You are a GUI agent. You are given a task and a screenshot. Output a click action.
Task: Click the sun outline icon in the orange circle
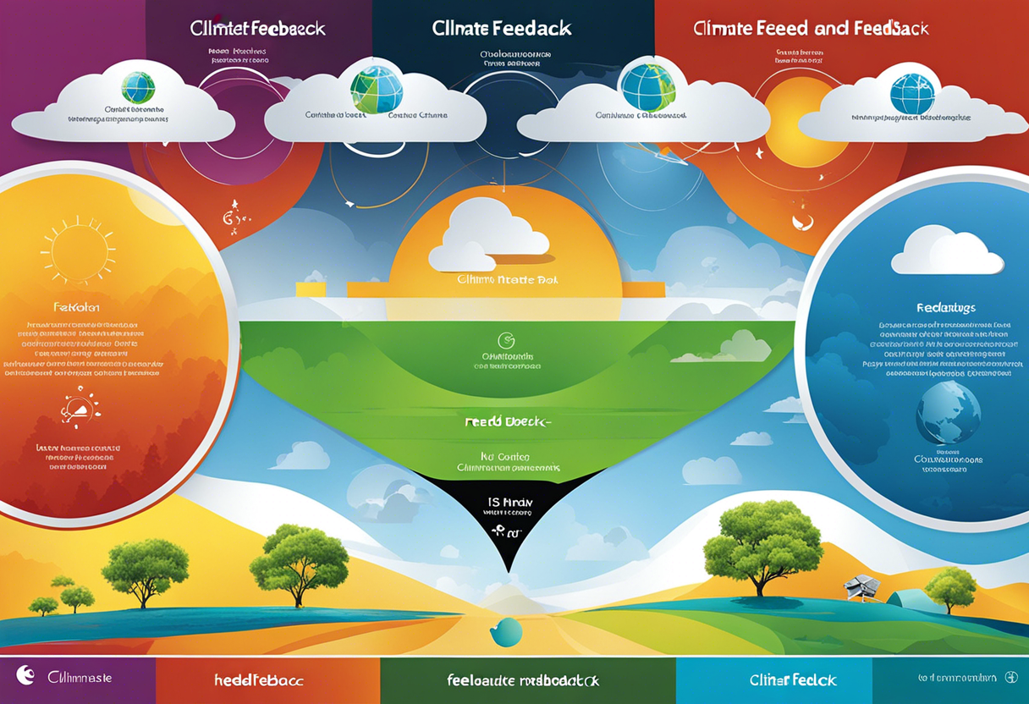tap(78, 251)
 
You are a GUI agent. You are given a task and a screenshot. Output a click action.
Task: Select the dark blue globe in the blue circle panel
tap(948, 412)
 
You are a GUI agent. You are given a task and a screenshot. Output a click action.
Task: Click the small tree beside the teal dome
tap(949, 586)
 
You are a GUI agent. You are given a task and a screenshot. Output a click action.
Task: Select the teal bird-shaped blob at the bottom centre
tap(506, 632)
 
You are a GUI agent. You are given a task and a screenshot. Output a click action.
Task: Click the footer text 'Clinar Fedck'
tap(793, 679)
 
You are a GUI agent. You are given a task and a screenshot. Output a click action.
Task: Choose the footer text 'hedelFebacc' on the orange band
tap(258, 679)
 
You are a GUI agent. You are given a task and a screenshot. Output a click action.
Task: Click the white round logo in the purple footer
tap(26, 674)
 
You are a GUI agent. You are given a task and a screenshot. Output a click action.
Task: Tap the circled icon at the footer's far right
tap(1010, 678)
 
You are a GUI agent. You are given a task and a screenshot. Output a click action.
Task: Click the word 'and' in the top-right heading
tap(831, 28)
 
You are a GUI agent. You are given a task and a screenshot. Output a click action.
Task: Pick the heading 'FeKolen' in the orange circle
tap(75, 307)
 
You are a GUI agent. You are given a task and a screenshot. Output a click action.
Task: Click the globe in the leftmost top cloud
tap(138, 86)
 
